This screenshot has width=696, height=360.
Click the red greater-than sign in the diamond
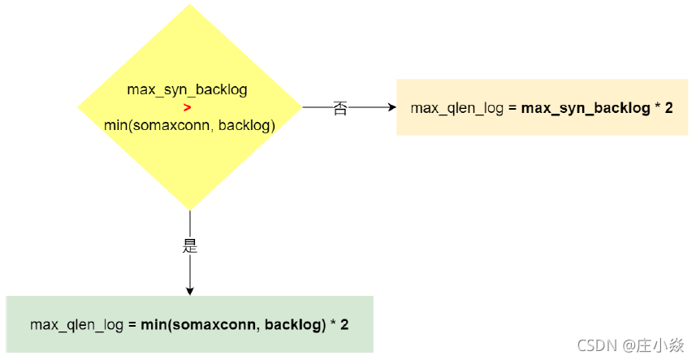(188, 107)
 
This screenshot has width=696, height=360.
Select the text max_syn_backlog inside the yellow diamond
(187, 90)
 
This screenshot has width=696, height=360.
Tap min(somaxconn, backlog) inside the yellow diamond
(189, 125)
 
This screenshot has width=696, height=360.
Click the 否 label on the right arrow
(340, 108)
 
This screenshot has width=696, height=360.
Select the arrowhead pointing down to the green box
(190, 290)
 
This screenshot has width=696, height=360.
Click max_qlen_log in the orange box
(457, 108)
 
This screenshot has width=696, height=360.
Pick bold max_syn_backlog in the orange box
(586, 108)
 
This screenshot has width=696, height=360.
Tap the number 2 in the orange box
(669, 108)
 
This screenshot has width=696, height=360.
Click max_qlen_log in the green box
(77, 325)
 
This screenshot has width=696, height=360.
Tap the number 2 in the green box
(345, 325)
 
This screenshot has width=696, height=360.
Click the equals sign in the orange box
(512, 108)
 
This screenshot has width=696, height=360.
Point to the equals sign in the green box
(132, 325)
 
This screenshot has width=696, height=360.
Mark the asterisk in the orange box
(657, 108)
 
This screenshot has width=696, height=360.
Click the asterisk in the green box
(333, 325)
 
